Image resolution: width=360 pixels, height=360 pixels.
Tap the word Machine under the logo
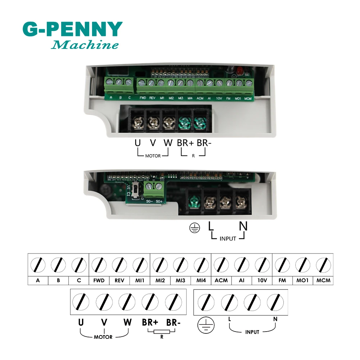click(x=85, y=45)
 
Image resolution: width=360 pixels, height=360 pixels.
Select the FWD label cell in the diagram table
click(x=99, y=281)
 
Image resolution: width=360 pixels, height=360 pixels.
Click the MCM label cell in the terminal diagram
click(x=323, y=281)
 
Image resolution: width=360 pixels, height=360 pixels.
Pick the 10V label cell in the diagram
click(x=262, y=281)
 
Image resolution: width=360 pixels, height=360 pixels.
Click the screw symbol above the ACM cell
click(x=221, y=265)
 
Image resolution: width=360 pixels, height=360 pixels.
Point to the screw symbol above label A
click(x=38, y=265)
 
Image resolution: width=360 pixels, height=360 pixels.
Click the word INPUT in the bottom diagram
click(x=252, y=332)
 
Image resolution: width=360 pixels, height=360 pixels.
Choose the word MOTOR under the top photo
click(x=153, y=156)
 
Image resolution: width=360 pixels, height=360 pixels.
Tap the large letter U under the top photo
click(x=137, y=143)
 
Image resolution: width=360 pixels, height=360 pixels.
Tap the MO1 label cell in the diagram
click(x=303, y=281)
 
